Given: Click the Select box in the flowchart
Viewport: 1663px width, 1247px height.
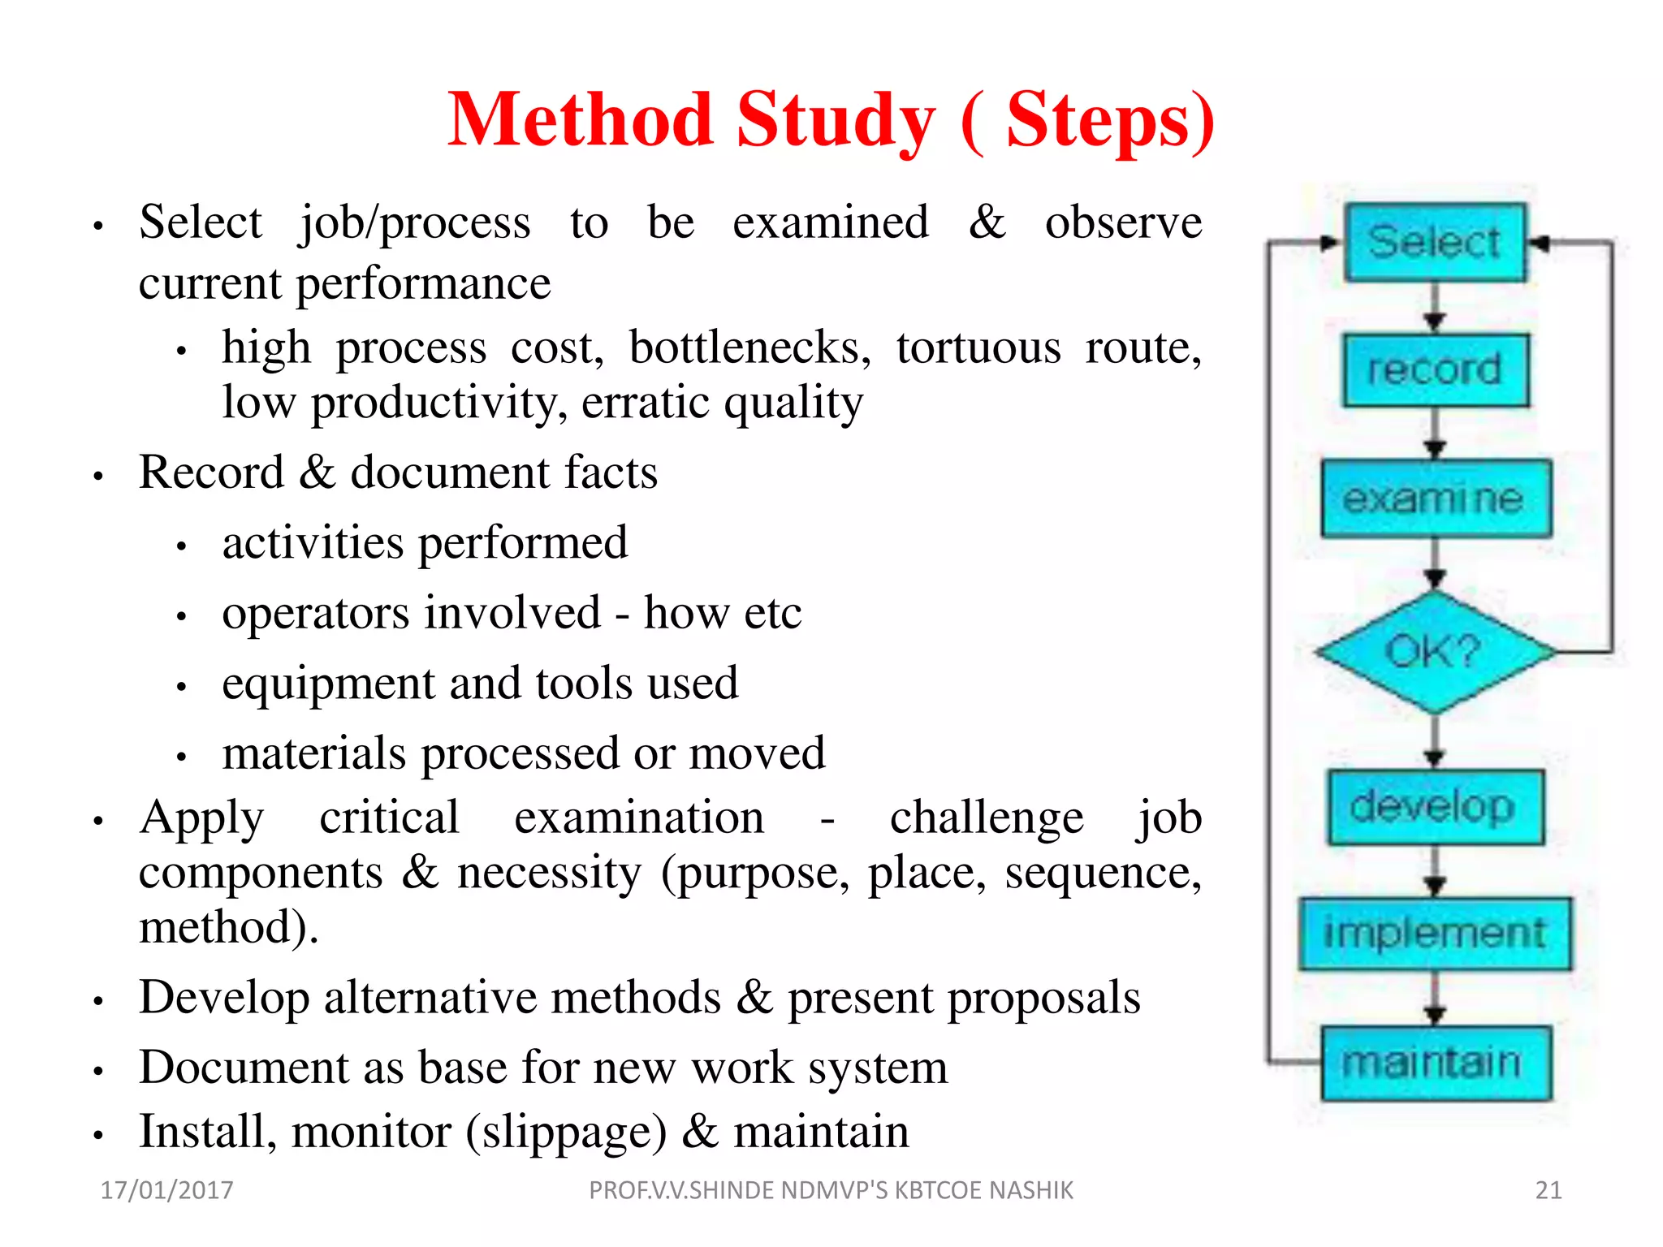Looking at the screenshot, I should point(1435,242).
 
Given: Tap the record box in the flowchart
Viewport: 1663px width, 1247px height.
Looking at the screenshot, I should point(1435,370).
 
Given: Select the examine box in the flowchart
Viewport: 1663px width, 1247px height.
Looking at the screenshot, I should point(1435,498).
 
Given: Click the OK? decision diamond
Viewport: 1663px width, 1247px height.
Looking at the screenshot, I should point(1435,652).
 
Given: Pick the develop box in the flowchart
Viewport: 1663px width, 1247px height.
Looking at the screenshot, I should point(1435,807).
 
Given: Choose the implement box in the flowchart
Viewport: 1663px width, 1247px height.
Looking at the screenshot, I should point(1435,934).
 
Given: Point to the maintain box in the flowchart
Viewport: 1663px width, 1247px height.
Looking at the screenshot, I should point(1435,1063).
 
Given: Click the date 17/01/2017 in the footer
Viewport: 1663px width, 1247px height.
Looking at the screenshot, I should point(166,1190).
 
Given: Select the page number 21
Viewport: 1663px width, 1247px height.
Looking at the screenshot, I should point(1549,1190).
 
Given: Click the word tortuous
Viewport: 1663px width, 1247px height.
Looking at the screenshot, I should point(978,348).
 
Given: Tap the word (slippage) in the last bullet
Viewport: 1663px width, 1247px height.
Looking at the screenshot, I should point(566,1132).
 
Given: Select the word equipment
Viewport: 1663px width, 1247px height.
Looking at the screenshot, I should point(328,683).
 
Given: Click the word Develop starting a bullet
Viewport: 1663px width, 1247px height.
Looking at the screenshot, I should point(224,998).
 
